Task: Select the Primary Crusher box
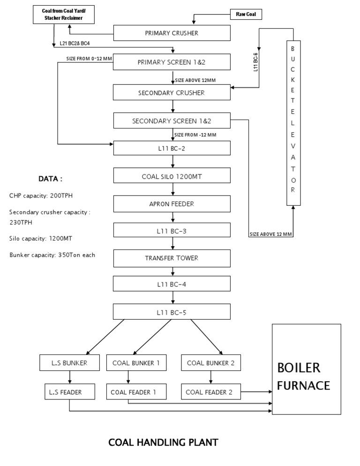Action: point(172,33)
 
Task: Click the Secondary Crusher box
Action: point(172,92)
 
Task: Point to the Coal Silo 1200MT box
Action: point(172,177)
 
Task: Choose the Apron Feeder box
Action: point(172,204)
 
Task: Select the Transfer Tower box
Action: point(172,258)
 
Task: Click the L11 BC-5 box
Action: point(172,312)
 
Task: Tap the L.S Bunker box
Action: point(69,362)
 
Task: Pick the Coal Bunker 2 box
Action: point(210,362)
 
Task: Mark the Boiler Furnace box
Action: point(307,375)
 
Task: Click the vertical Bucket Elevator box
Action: point(293,123)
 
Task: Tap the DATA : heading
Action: point(50,179)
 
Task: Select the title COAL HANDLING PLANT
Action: point(163,442)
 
